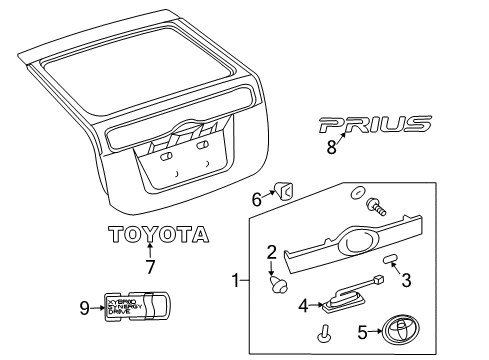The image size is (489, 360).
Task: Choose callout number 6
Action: (x=256, y=200)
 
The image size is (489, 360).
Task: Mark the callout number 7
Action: (x=151, y=267)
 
